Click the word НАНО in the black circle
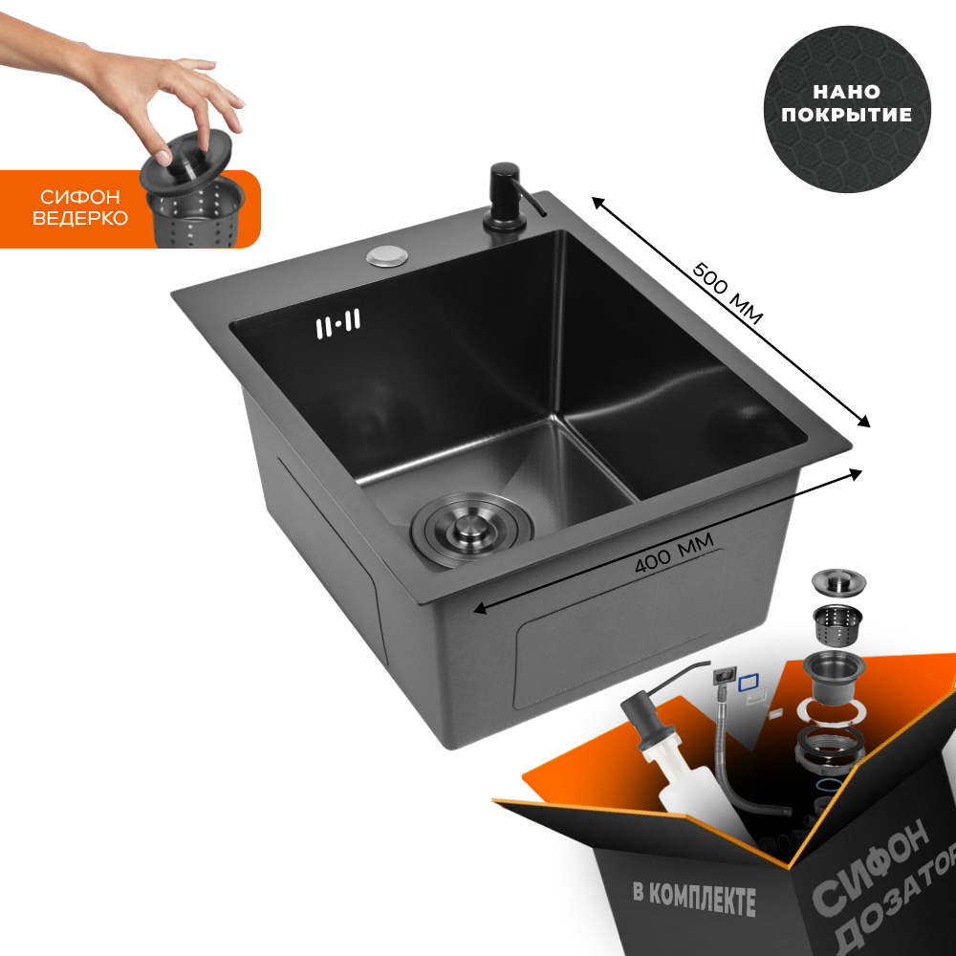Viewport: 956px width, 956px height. tap(846, 92)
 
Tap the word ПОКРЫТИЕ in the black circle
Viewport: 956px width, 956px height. tap(846, 115)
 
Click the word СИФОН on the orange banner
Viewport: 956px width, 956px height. tap(80, 197)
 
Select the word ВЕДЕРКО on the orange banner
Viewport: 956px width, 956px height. tap(80, 218)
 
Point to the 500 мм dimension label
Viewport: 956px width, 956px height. tap(728, 293)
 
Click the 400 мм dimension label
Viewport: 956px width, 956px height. tap(674, 554)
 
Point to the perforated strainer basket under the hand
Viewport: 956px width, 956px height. tap(195, 213)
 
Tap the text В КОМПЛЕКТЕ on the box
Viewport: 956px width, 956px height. tap(694, 900)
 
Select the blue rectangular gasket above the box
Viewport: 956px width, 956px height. tap(748, 683)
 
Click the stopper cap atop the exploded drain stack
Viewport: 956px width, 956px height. tap(838, 580)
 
